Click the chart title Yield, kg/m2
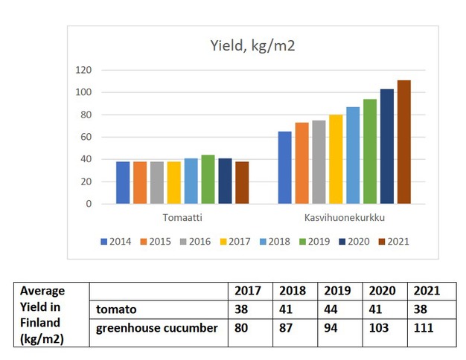point(252,47)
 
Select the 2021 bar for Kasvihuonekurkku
point(403,142)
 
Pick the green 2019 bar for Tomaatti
point(208,179)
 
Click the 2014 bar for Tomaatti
point(123,183)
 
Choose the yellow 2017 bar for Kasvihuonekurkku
point(336,159)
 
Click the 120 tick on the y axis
point(83,70)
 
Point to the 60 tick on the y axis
point(86,137)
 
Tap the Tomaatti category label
point(182,218)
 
